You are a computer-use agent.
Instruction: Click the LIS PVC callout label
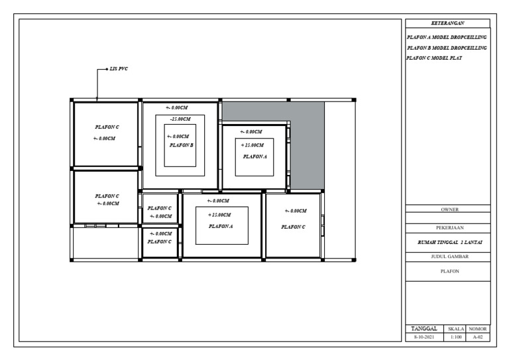pyautogui.click(x=119, y=69)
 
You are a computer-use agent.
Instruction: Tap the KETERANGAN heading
pyautogui.click(x=447, y=23)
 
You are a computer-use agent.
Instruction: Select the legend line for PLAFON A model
pyautogui.click(x=447, y=37)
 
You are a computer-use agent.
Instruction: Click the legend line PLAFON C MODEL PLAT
pyautogui.click(x=434, y=58)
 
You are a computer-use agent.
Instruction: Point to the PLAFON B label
pyautogui.click(x=181, y=145)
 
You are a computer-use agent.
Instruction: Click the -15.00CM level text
pyautogui.click(x=180, y=119)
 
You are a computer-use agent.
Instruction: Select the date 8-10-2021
pyautogui.click(x=424, y=337)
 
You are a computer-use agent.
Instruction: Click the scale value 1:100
pyautogui.click(x=456, y=337)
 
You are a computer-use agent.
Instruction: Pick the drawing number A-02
pyautogui.click(x=477, y=337)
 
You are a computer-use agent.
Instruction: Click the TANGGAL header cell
pyautogui.click(x=424, y=329)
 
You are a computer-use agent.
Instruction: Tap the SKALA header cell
pyautogui.click(x=455, y=329)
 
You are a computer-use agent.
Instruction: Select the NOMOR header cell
pyautogui.click(x=477, y=329)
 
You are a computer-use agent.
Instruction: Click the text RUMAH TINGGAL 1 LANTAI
pyautogui.click(x=449, y=242)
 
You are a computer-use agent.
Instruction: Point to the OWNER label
pyautogui.click(x=449, y=210)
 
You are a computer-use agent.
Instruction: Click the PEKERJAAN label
pyautogui.click(x=449, y=227)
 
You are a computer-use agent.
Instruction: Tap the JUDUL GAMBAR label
pyautogui.click(x=449, y=257)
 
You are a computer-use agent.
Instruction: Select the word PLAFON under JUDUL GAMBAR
pyautogui.click(x=449, y=271)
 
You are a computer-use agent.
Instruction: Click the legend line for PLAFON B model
pyautogui.click(x=447, y=48)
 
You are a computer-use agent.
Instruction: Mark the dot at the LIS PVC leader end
pyautogui.click(x=107, y=69)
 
